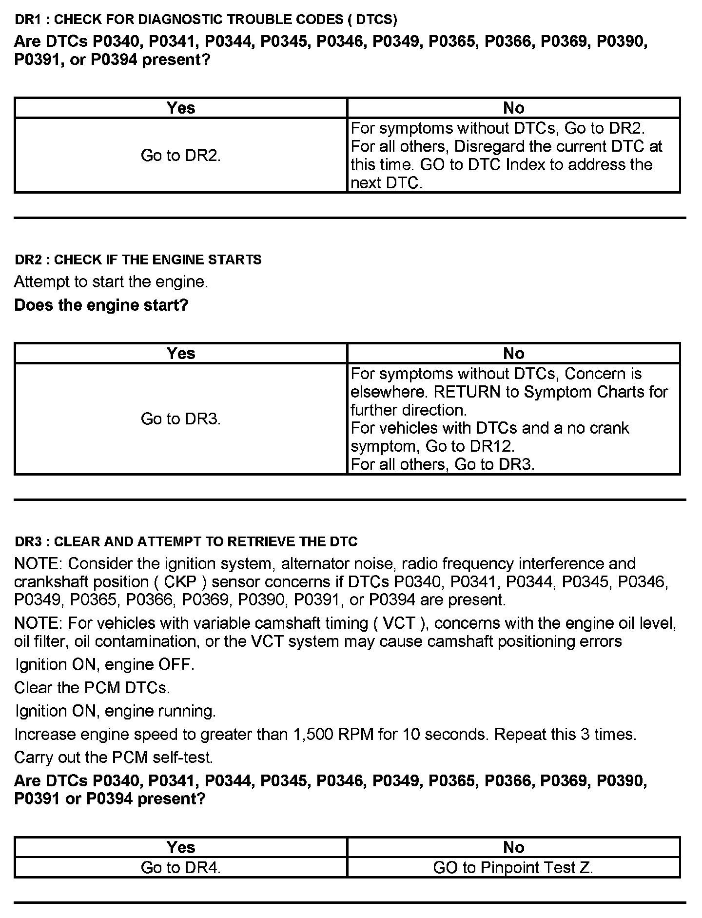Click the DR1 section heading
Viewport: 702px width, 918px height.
[206, 20]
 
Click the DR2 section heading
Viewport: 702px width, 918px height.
[138, 259]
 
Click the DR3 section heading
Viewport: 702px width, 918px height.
[186, 541]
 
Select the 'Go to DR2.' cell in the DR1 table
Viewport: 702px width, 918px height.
[181, 156]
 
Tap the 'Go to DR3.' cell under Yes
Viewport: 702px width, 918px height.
[181, 419]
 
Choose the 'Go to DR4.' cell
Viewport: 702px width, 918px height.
[181, 867]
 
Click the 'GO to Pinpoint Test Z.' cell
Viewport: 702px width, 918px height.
[513, 867]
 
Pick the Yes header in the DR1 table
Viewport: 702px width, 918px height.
[181, 108]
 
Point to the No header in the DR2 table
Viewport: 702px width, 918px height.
[513, 353]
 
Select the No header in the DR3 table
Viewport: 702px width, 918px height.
[513, 847]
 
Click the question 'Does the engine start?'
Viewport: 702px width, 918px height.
[101, 305]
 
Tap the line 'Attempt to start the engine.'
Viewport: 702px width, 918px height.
[111, 282]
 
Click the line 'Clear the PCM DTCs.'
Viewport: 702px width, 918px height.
[92, 688]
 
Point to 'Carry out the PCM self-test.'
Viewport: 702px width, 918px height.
[114, 758]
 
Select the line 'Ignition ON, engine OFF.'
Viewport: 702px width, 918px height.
[105, 664]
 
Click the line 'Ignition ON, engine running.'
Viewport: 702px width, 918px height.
[116, 711]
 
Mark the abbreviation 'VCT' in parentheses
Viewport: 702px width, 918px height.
[399, 623]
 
